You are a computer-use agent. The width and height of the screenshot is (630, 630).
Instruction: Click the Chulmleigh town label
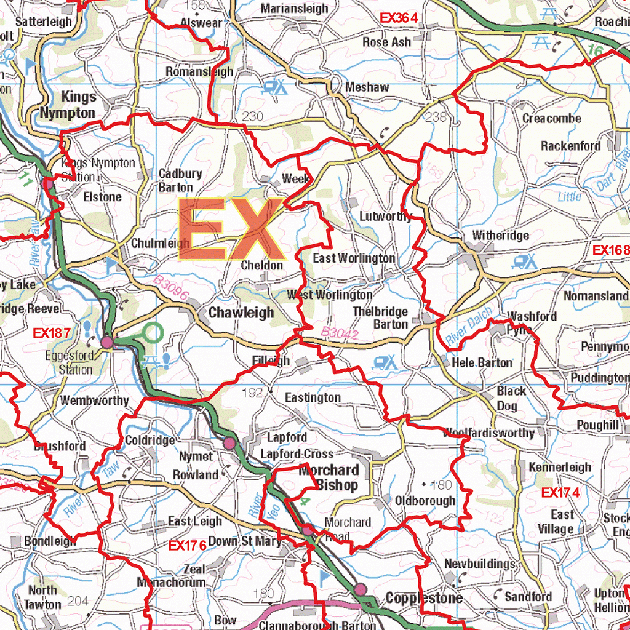[161, 244]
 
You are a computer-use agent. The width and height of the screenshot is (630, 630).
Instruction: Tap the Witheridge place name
[500, 236]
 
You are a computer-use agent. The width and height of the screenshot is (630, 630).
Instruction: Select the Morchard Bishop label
[328, 478]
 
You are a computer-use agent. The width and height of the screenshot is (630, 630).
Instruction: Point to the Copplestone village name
[424, 598]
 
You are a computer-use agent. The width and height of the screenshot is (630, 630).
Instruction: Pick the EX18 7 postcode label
[52, 333]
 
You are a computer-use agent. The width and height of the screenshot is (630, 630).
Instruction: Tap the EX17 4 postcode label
[560, 493]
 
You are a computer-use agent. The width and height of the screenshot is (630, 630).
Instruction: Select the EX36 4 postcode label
[399, 18]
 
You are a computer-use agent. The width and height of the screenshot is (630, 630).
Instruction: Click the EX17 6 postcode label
[187, 546]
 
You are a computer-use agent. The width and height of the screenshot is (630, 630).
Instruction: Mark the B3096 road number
[170, 289]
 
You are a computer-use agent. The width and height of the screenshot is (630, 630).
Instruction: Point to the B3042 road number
[339, 333]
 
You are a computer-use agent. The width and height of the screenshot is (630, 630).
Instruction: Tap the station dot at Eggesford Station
[107, 342]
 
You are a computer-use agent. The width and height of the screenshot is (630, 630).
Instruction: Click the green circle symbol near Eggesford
[153, 333]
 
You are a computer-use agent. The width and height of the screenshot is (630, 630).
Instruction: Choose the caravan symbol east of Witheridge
[525, 263]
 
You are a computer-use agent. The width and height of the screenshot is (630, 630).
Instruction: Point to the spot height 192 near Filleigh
[253, 393]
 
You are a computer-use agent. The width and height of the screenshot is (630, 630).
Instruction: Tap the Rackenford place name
[570, 146]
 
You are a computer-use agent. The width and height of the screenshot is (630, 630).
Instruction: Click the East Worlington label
[354, 258]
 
